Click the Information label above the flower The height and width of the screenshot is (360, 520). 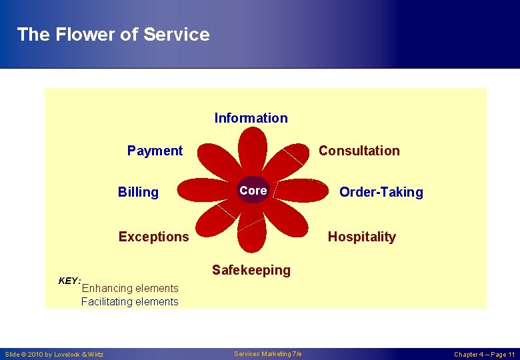tap(251, 118)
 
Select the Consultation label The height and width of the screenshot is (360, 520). tap(359, 151)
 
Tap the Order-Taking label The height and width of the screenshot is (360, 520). tap(381, 192)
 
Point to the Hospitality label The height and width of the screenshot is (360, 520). tap(361, 237)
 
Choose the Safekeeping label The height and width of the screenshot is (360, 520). tap(251, 270)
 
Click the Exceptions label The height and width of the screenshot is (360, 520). tap(153, 237)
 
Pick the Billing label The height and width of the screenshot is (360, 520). tap(138, 192)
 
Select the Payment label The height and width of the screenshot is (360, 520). tap(155, 151)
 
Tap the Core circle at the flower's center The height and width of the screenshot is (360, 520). tap(253, 191)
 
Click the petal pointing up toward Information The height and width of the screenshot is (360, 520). tap(253, 150)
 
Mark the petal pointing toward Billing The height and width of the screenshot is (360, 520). tap(207, 190)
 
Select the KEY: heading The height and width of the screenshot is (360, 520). tap(69, 281)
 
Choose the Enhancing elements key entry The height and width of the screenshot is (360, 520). tap(129, 288)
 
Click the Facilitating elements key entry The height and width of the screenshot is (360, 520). tap(129, 301)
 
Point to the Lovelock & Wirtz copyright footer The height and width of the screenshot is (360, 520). tap(55, 354)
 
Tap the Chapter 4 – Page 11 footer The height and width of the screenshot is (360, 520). tap(484, 354)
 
